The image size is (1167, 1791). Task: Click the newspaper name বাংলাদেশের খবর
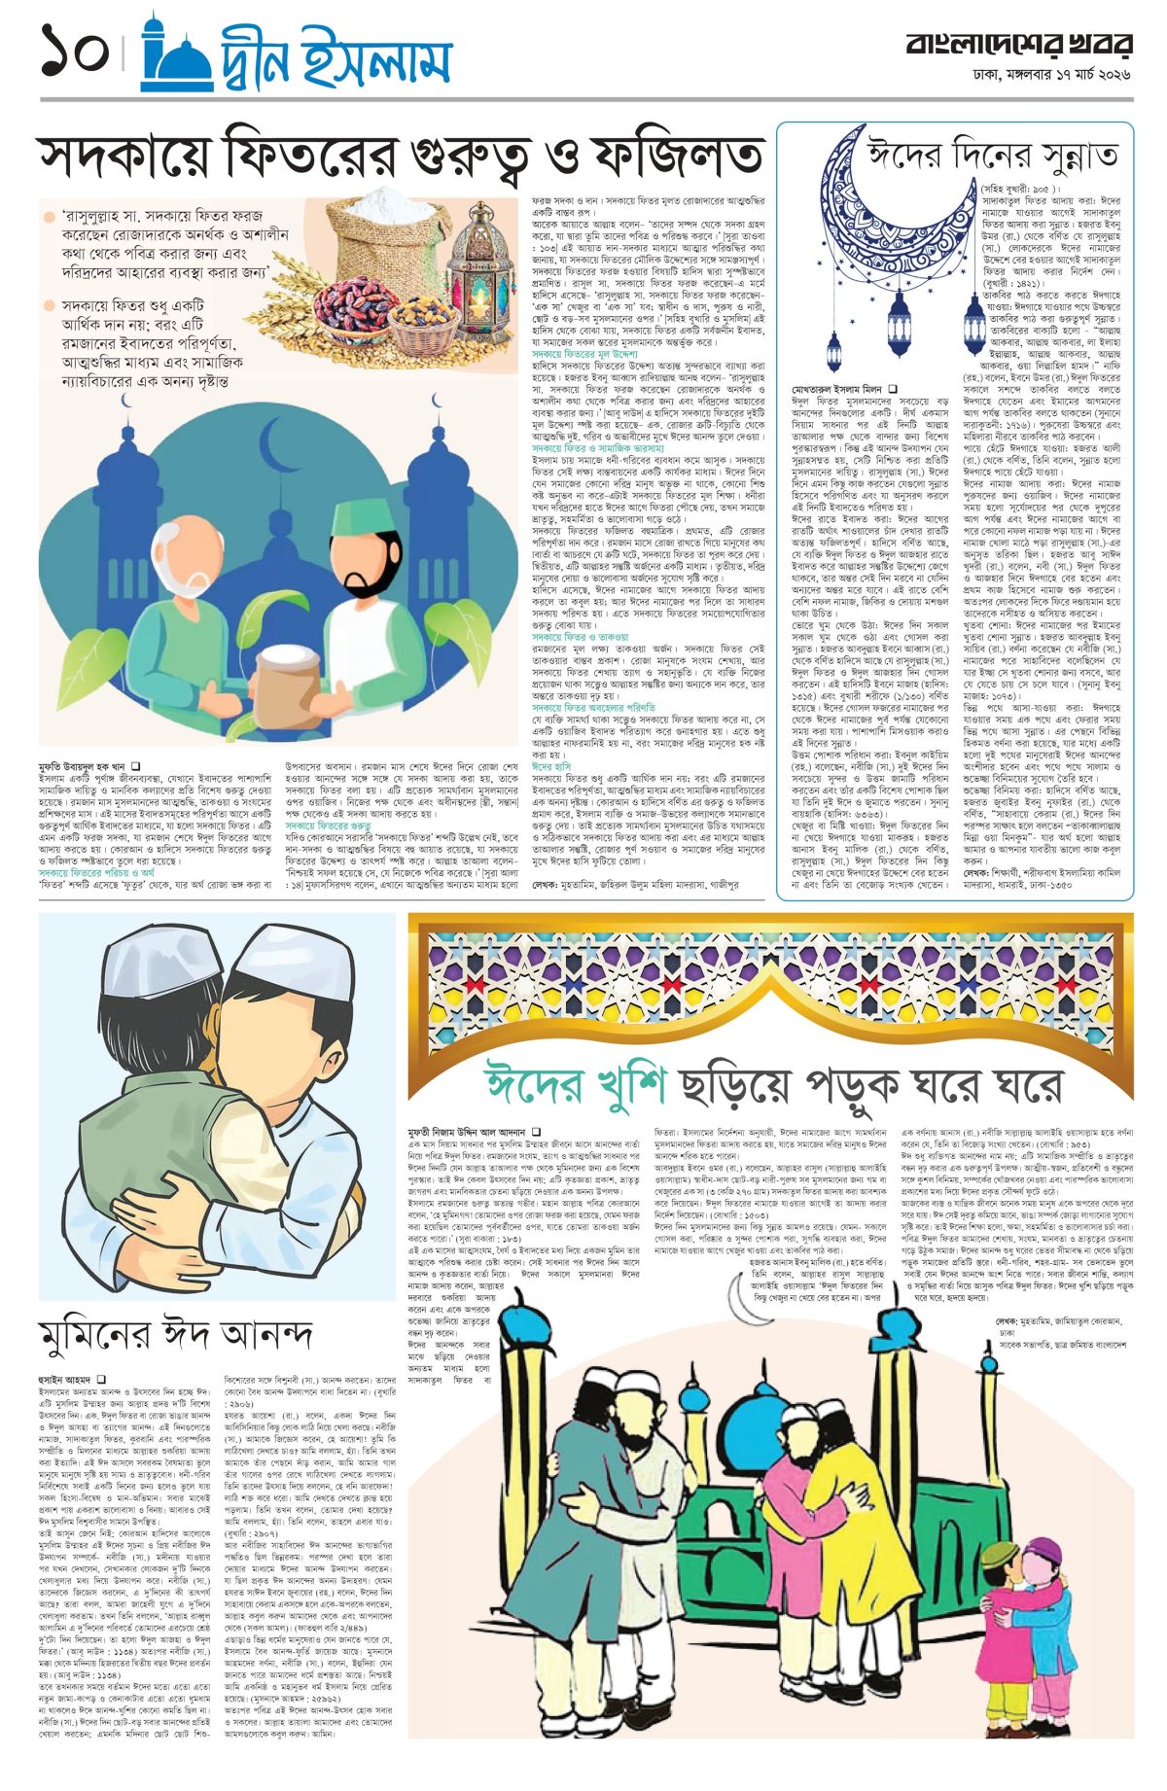tap(1018, 45)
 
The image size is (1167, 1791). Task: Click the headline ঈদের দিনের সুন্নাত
tap(992, 156)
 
